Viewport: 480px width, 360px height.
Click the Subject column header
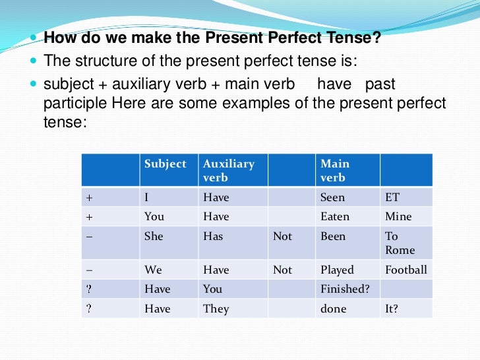pos(165,164)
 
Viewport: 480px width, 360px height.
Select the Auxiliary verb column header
pos(228,170)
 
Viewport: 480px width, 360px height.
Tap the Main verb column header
pos(335,170)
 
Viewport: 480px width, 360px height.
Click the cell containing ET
pos(392,197)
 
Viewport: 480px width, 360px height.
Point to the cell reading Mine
pos(398,216)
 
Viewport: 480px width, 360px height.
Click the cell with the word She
pos(154,236)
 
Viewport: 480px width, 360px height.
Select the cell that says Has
pos(213,236)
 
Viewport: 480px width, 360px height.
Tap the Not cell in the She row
pos(282,236)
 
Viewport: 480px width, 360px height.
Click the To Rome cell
pos(400,243)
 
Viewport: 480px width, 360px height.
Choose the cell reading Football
pos(405,270)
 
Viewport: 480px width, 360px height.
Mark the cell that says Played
pos(337,270)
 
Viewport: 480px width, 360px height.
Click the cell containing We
pos(153,270)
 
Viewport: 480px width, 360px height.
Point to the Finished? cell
pos(344,289)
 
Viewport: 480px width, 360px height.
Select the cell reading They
pos(216,309)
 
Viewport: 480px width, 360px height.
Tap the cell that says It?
pos(392,309)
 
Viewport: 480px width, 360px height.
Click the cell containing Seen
pos(332,197)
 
